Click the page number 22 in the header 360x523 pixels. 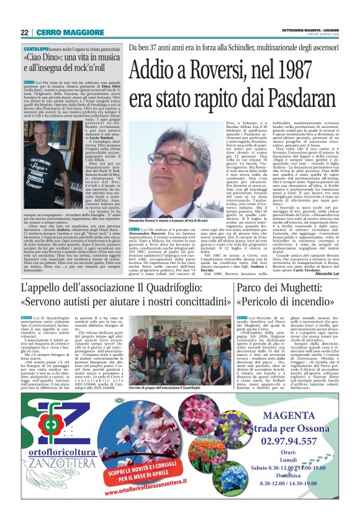(25, 32)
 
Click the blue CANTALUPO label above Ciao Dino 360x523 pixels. (37, 48)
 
